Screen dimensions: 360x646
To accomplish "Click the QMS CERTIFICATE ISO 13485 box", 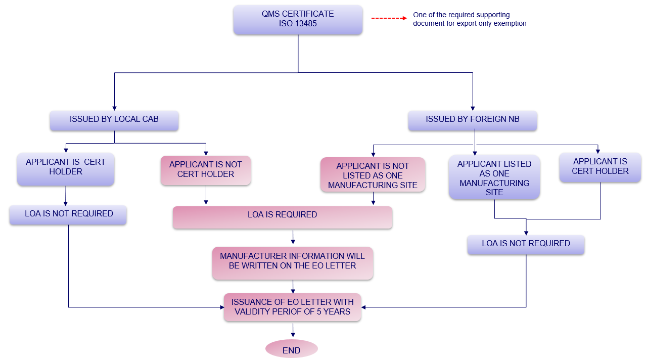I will pos(298,19).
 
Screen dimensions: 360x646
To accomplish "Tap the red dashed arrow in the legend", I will pos(389,18).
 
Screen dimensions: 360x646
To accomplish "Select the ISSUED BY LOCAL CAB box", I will pos(114,120).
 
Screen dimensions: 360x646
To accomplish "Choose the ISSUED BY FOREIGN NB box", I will pos(473,120).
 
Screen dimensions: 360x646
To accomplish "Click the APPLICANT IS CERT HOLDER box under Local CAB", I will pos(66,167).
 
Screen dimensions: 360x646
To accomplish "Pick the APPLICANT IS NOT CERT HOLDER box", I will pos(206,170).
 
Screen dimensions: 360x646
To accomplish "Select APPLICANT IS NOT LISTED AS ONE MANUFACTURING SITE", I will pos(373,175).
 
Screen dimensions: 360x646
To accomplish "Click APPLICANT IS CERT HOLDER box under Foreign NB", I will pos(600,167).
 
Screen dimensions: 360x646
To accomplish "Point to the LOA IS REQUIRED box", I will pos(282,216).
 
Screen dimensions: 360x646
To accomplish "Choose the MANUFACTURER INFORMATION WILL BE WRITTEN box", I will pos(292,261).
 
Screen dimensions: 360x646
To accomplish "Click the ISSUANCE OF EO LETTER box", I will pos(292,307).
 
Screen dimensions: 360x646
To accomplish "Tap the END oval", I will pos(292,350).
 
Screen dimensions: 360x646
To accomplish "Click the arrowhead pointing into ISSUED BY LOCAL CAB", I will pos(115,108).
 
